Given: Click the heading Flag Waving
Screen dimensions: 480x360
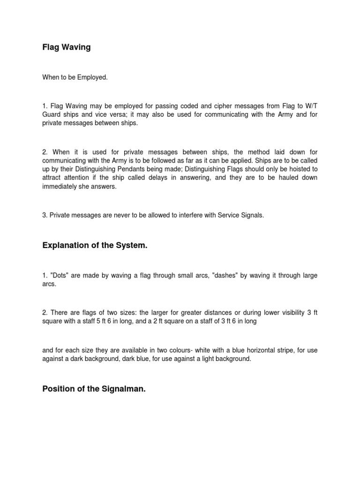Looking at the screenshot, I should point(66,47).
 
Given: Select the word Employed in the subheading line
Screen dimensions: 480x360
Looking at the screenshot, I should point(93,77).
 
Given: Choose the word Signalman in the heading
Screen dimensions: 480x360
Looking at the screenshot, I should point(120,389).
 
